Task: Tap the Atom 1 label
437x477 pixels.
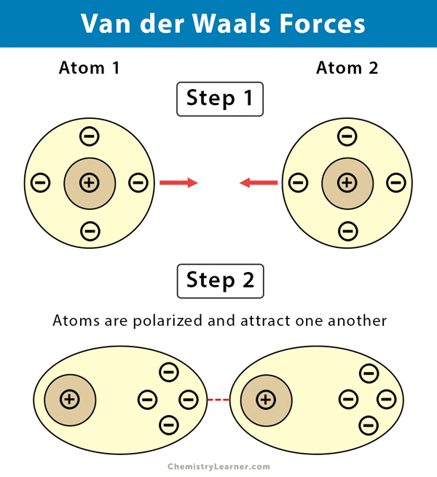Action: pyautogui.click(x=89, y=69)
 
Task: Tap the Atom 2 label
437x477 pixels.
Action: pyautogui.click(x=347, y=69)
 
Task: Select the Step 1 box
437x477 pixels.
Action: pyautogui.click(x=219, y=98)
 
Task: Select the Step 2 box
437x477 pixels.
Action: pyautogui.click(x=219, y=280)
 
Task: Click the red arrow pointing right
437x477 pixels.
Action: pyautogui.click(x=178, y=182)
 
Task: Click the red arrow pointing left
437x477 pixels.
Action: pyautogui.click(x=259, y=182)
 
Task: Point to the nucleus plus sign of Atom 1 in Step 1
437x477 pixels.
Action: pyautogui.click(x=89, y=182)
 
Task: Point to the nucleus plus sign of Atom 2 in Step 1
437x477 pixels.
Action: pyautogui.click(x=347, y=182)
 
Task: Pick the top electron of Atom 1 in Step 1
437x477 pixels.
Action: pyautogui.click(x=89, y=136)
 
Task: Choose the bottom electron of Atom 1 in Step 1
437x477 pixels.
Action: pyautogui.click(x=89, y=231)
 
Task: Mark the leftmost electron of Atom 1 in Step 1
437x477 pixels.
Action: pyautogui.click(x=41, y=182)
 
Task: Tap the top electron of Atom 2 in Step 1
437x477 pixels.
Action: pyautogui.click(x=347, y=136)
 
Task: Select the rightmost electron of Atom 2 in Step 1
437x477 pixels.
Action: pyautogui.click(x=395, y=182)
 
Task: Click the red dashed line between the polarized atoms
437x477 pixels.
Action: pyautogui.click(x=218, y=399)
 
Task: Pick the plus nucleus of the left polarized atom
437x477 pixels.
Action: pyautogui.click(x=70, y=399)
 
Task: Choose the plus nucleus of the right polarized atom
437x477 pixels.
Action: pyautogui.click(x=266, y=399)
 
